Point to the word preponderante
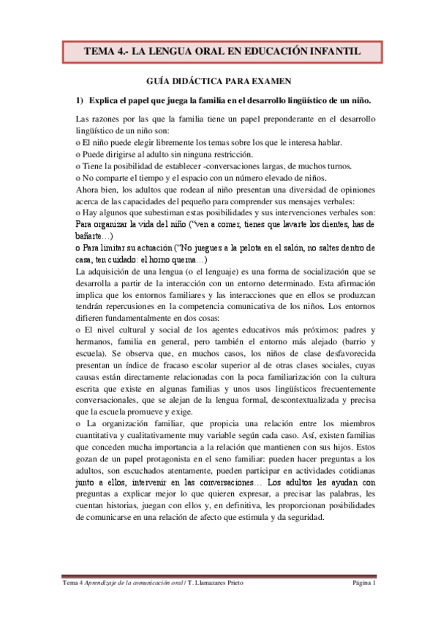tap(288, 119)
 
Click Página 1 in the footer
tap(364, 583)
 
